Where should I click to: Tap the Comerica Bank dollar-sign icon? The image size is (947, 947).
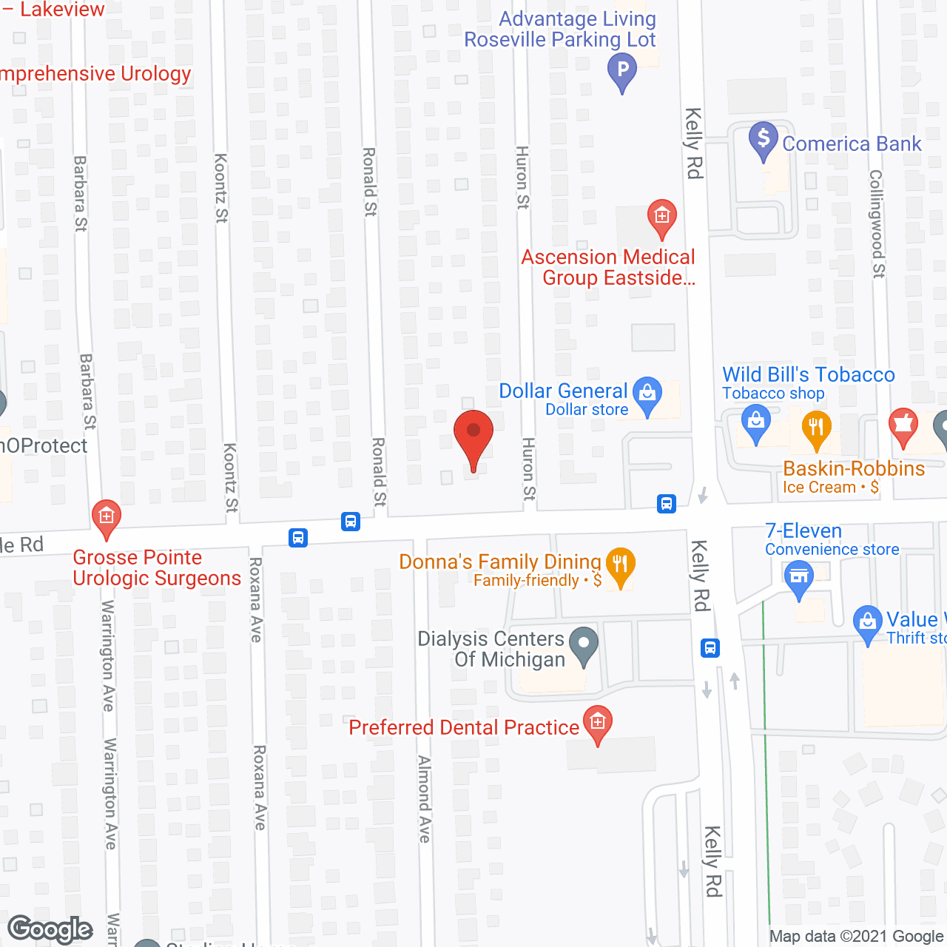(x=763, y=139)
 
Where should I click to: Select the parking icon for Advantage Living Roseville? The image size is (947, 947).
(x=622, y=72)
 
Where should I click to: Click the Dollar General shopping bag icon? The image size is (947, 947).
(x=647, y=394)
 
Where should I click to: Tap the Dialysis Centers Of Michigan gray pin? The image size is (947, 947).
(x=584, y=644)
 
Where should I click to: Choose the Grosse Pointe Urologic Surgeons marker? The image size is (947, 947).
(x=107, y=516)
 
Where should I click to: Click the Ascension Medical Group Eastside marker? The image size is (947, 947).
(x=661, y=217)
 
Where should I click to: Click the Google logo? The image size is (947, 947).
(x=50, y=929)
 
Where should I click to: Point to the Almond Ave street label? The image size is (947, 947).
(x=424, y=799)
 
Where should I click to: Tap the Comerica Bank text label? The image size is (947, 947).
(x=852, y=144)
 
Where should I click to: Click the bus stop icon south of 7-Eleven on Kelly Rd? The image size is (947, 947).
(x=710, y=648)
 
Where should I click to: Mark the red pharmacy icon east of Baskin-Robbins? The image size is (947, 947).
(x=903, y=425)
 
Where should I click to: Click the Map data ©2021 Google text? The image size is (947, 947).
(x=857, y=937)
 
